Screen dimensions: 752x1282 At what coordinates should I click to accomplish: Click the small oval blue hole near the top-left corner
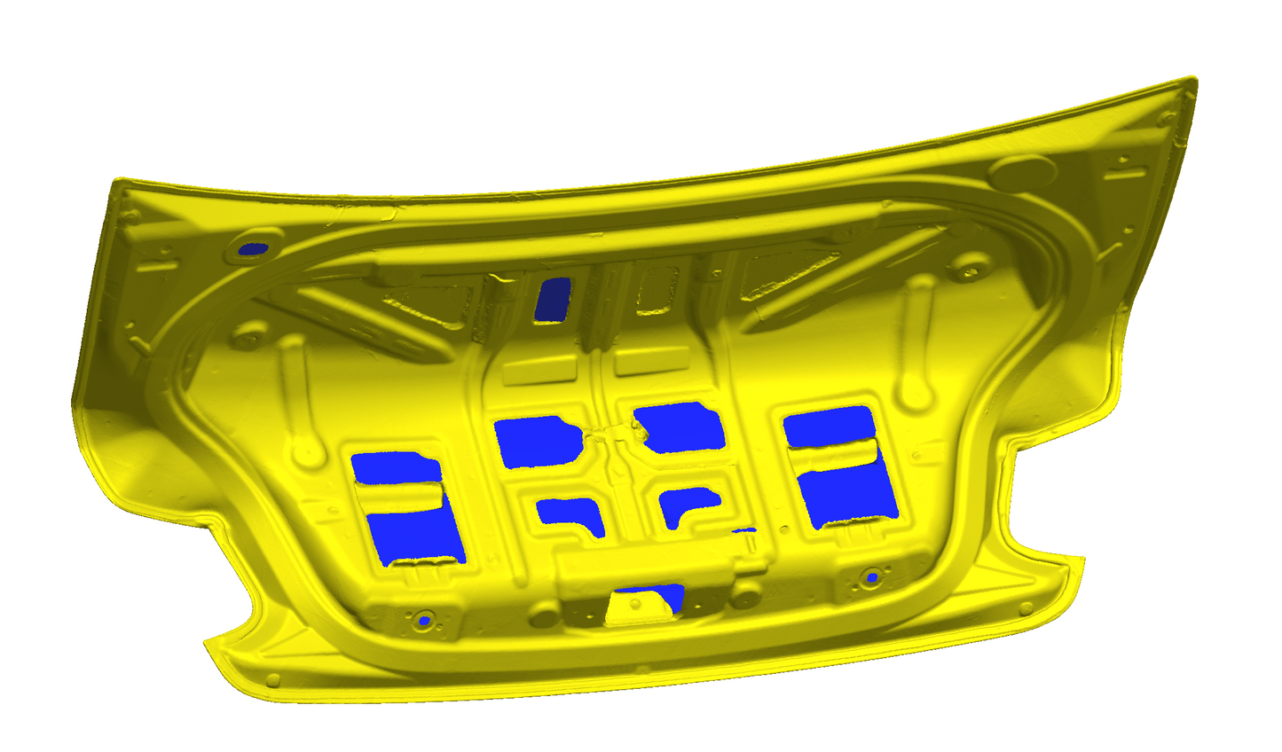(256, 249)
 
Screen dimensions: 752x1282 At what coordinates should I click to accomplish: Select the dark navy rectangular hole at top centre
(554, 299)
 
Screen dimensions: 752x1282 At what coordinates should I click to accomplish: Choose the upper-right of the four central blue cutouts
(681, 426)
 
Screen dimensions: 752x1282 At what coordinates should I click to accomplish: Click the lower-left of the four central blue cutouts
(570, 514)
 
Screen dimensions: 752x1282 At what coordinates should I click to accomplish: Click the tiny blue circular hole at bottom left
(424, 621)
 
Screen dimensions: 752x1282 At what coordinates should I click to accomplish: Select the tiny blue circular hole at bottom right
(872, 578)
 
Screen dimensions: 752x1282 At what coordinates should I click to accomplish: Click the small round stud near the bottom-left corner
(273, 680)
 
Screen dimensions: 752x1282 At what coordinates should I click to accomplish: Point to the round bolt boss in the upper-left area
(248, 338)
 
